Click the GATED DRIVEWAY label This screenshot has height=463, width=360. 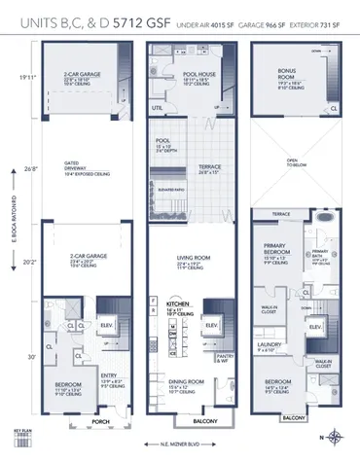[x=71, y=168]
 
